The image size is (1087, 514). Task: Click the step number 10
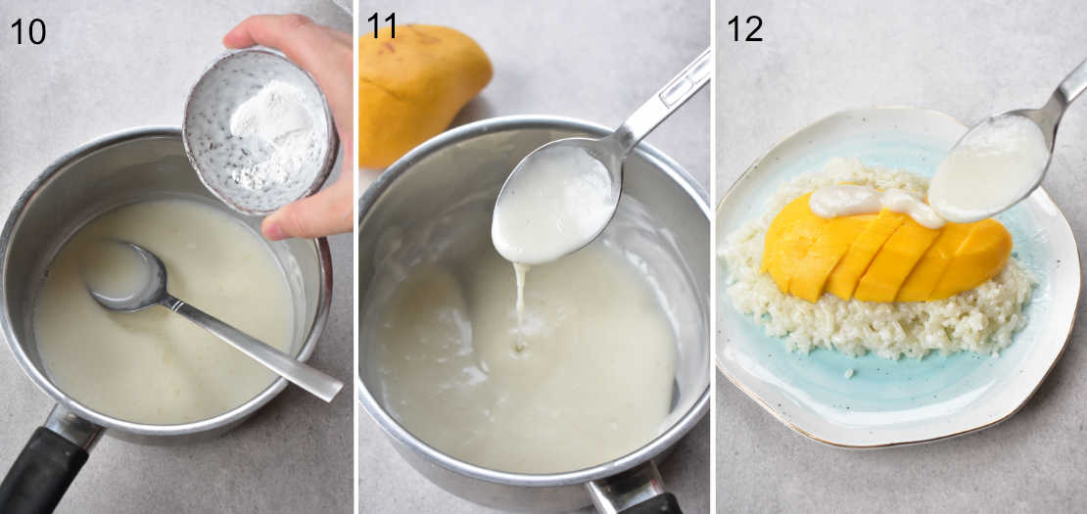coord(28,30)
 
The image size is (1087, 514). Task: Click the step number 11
coord(382,26)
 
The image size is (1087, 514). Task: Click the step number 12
coord(744,28)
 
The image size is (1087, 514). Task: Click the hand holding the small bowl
coord(313,117)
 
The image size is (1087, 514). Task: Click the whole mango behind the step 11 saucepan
coord(421,88)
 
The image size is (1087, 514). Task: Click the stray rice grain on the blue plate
coord(847,373)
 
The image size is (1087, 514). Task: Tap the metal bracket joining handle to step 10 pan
coord(73,427)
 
